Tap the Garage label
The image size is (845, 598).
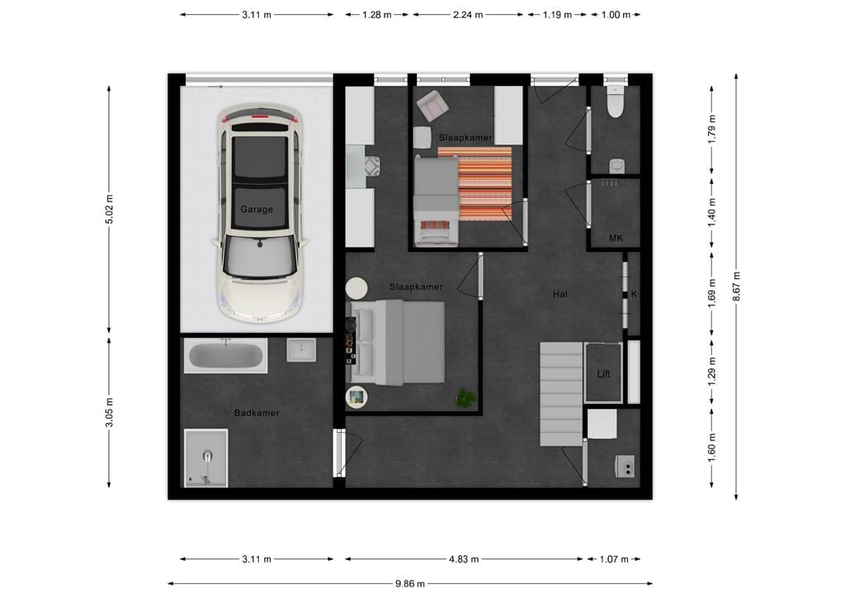(257, 210)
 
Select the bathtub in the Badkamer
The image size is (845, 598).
(225, 357)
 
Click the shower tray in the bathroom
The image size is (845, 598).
(205, 458)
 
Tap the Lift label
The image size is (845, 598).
(604, 374)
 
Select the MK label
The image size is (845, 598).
(615, 239)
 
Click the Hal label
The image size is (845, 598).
(560, 293)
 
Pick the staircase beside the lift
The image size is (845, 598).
(561, 394)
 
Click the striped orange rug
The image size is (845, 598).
(485, 183)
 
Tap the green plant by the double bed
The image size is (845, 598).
(466, 399)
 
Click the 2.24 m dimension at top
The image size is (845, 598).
(468, 15)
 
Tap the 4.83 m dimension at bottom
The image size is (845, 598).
(464, 559)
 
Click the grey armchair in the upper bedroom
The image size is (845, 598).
(431, 106)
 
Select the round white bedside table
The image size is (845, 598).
(356, 289)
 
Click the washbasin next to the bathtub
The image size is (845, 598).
(301, 350)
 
